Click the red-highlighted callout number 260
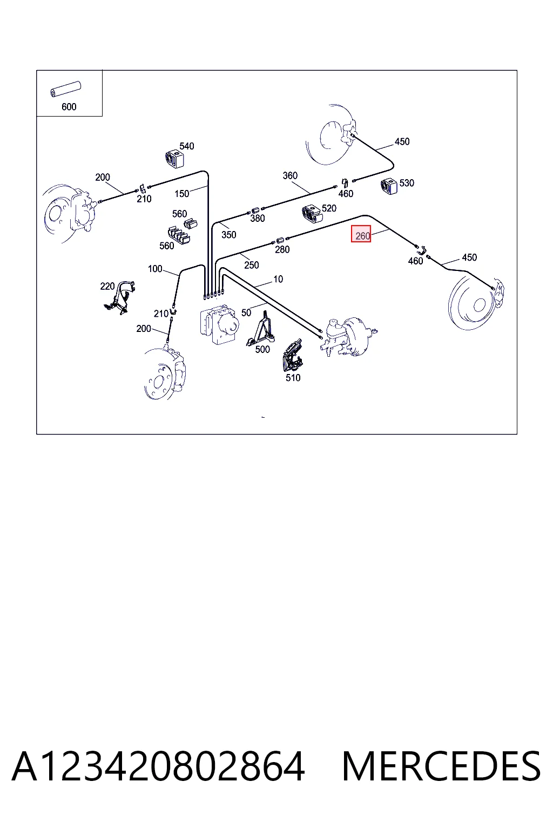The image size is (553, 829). (362, 236)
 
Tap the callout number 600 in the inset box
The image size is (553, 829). (69, 107)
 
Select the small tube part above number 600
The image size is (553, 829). (65, 89)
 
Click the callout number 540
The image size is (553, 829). (187, 146)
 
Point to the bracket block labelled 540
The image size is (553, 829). (174, 159)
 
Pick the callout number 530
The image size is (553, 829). (407, 183)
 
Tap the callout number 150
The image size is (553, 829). (182, 194)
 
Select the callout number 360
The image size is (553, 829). (290, 175)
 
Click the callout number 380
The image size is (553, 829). (258, 219)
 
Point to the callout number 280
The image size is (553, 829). (282, 249)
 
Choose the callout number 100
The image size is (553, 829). (155, 269)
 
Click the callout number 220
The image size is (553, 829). (107, 286)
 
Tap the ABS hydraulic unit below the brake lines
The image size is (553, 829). (219, 324)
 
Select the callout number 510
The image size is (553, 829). (293, 377)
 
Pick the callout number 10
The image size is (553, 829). (278, 279)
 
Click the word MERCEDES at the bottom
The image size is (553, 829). (441, 766)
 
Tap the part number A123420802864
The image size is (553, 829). (159, 766)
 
